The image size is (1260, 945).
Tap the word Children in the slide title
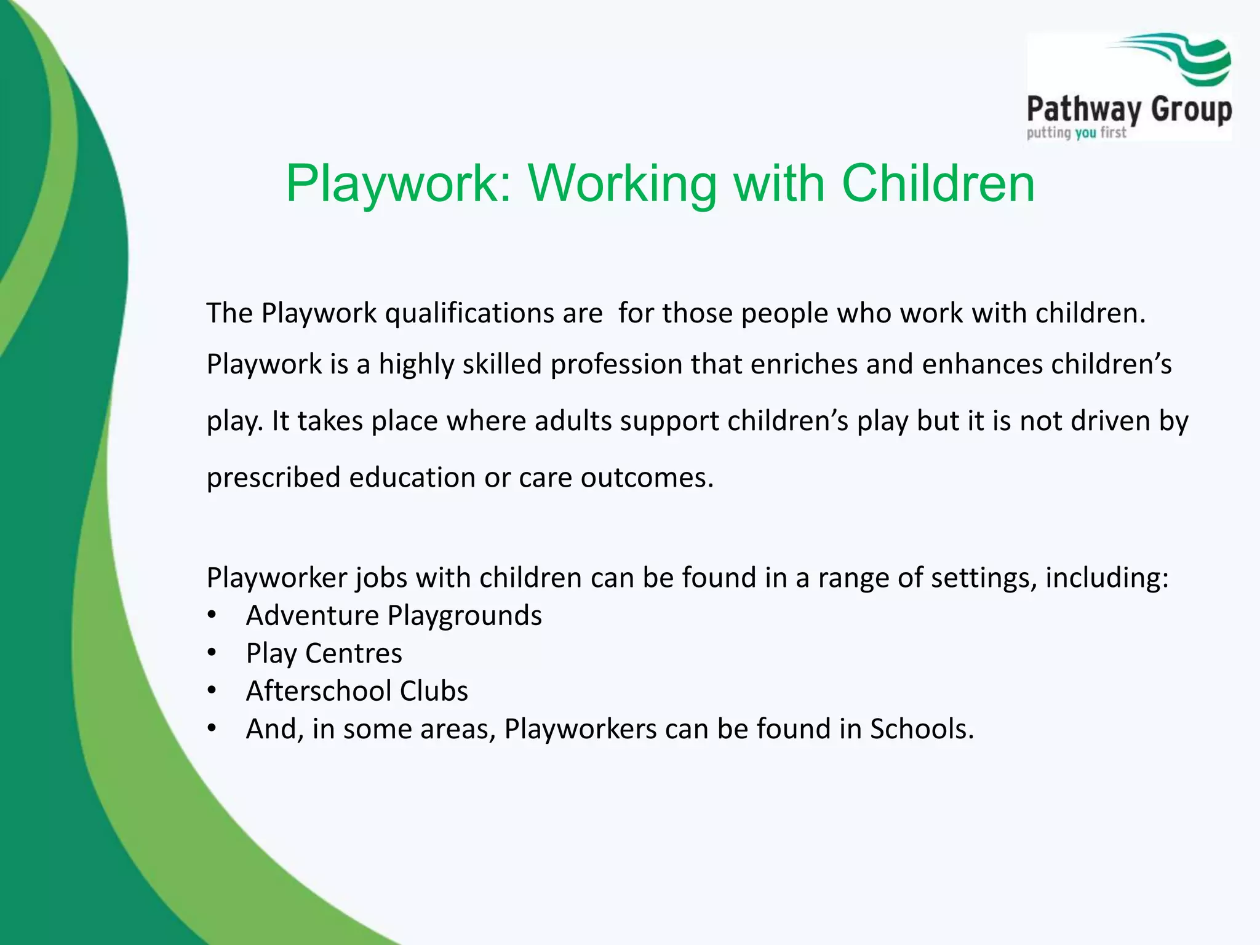938,184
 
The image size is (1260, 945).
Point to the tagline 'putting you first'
1076,132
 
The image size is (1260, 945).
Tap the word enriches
803,364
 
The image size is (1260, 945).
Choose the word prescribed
273,478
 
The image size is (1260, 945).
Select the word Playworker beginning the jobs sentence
276,578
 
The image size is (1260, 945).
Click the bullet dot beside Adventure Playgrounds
212,615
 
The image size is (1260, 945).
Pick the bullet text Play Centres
324,653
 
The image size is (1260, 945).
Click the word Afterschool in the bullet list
318,691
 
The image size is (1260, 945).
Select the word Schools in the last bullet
921,729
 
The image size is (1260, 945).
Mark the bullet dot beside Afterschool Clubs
212,691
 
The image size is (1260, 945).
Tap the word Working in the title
622,184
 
